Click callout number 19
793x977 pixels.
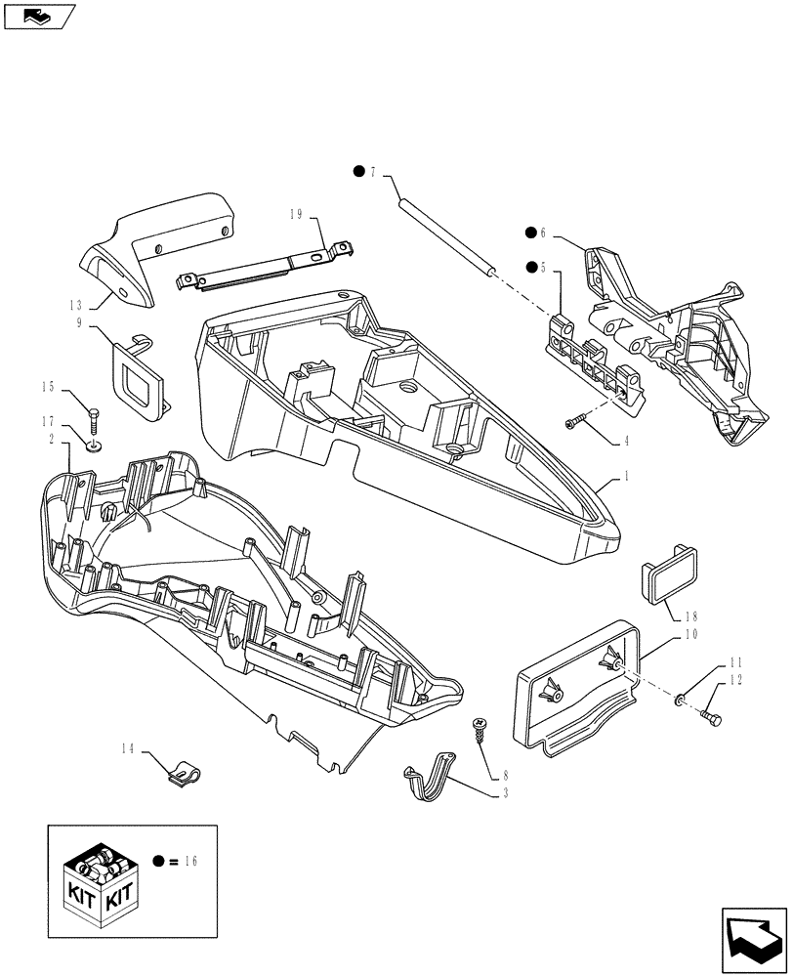(299, 215)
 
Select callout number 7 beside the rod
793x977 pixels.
(372, 173)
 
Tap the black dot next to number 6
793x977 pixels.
(531, 233)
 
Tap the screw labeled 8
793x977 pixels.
(480, 725)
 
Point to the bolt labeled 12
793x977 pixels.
(709, 721)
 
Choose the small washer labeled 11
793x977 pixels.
(682, 701)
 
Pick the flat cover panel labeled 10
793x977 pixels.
(576, 684)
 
